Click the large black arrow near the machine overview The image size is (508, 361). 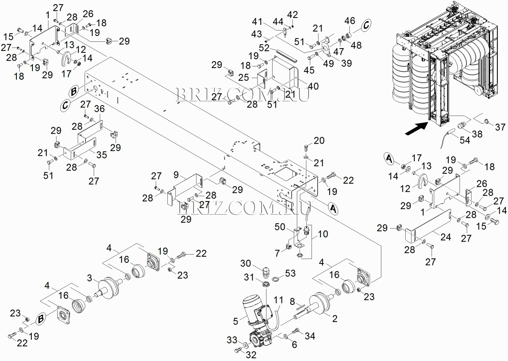click(416, 129)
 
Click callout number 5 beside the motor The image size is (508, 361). click(235, 321)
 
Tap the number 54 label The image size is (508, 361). click(465, 140)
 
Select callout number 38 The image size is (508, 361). click(477, 134)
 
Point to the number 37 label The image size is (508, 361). click(500, 127)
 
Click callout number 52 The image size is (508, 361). click(264, 48)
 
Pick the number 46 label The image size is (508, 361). click(350, 21)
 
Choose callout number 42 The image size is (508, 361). click(293, 15)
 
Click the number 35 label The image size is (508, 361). click(101, 155)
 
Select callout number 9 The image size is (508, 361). click(176, 175)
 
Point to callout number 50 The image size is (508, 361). click(280, 227)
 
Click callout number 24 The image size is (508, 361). click(446, 237)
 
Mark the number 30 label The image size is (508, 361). click(245, 263)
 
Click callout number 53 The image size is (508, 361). click(290, 273)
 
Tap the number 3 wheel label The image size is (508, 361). click(89, 278)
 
